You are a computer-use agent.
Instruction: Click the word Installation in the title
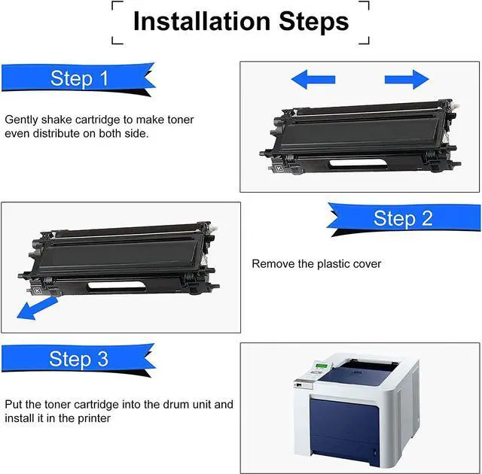[x=202, y=21]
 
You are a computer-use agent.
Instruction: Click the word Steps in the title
[x=314, y=22]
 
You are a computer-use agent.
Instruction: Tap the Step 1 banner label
[x=79, y=78]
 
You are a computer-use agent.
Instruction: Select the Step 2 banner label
[x=403, y=218]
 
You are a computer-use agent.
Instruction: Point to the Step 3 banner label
[x=78, y=359]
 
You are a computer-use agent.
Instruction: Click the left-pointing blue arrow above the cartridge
[x=313, y=80]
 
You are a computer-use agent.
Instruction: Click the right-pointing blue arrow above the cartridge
[x=407, y=80]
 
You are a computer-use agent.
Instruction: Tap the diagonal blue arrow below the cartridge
[x=37, y=308]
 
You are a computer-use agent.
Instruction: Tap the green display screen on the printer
[x=322, y=366]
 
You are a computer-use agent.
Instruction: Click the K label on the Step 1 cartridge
[x=279, y=169]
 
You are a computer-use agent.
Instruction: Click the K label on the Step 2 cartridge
[x=38, y=290]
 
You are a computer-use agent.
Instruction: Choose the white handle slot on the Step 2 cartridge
[x=117, y=286]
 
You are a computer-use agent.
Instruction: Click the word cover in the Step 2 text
[x=368, y=264]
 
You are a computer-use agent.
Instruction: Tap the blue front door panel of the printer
[x=344, y=430]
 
